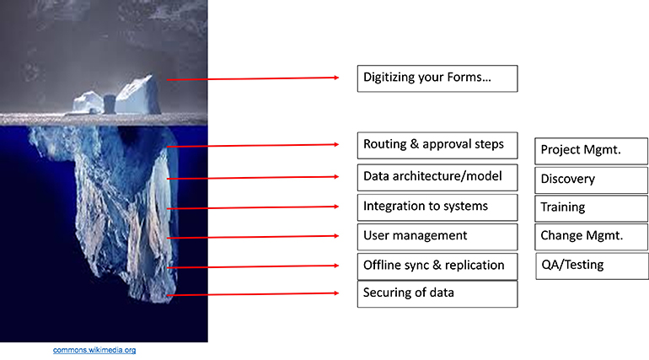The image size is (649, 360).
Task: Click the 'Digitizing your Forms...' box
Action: (437, 78)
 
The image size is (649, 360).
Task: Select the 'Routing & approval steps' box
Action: (437, 146)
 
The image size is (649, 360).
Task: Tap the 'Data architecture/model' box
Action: (437, 178)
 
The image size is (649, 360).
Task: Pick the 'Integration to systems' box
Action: (437, 207)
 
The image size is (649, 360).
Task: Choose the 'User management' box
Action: (437, 237)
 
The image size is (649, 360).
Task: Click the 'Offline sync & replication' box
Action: (437, 266)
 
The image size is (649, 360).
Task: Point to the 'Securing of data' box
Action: (437, 294)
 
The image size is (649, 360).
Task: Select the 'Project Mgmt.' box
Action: (592, 151)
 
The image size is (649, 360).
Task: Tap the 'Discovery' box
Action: (592, 180)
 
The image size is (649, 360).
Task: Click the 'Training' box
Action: (592, 208)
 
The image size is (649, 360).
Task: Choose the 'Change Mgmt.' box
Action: (592, 237)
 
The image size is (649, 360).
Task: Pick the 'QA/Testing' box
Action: (592, 266)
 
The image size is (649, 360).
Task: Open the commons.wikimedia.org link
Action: (94, 350)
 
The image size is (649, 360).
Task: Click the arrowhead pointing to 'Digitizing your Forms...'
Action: (336, 78)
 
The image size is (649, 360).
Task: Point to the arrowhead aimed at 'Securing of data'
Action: (336, 293)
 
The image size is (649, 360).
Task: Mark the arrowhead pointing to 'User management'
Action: (336, 236)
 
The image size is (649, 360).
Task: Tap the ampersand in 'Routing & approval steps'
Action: (415, 144)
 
